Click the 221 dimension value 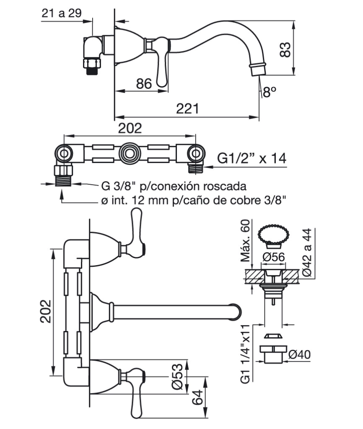187,109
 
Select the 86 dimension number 144,83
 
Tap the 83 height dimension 285,49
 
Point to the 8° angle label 270,92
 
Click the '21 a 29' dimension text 62,13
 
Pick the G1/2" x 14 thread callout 252,158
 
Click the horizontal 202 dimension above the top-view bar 130,128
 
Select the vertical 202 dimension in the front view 45,311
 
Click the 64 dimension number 197,397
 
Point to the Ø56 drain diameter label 273,257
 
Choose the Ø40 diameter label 299,354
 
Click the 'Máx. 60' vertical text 245,240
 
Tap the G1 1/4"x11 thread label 245,354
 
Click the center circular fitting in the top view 130,152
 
